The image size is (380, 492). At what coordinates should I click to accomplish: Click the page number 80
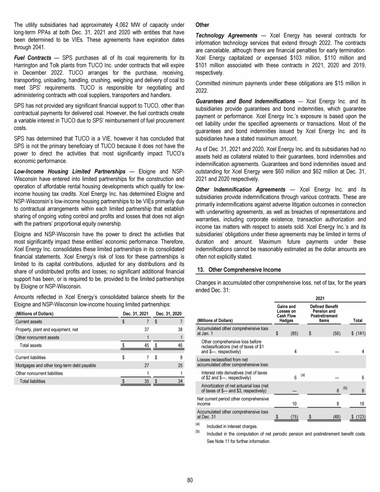[x=190, y=480]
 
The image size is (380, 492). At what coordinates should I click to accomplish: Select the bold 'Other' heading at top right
[x=203, y=23]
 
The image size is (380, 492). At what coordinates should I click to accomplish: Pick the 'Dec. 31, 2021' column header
[x=136, y=313]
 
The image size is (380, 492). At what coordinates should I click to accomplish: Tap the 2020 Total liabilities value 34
[x=179, y=381]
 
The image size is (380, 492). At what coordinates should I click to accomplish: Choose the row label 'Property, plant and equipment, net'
[x=47, y=328]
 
